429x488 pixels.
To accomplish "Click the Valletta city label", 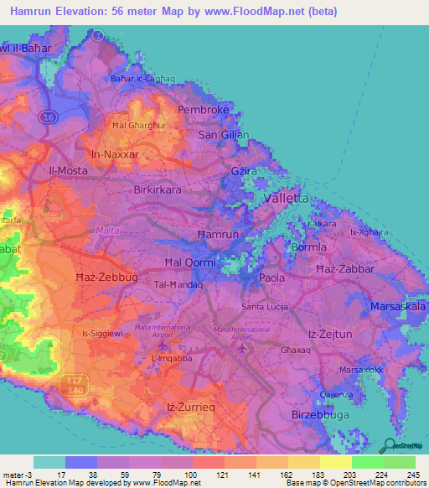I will point(286,198).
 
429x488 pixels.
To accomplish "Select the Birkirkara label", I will point(158,189).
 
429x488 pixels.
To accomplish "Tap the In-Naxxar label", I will point(114,154).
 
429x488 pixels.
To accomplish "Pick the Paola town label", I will point(271,277).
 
